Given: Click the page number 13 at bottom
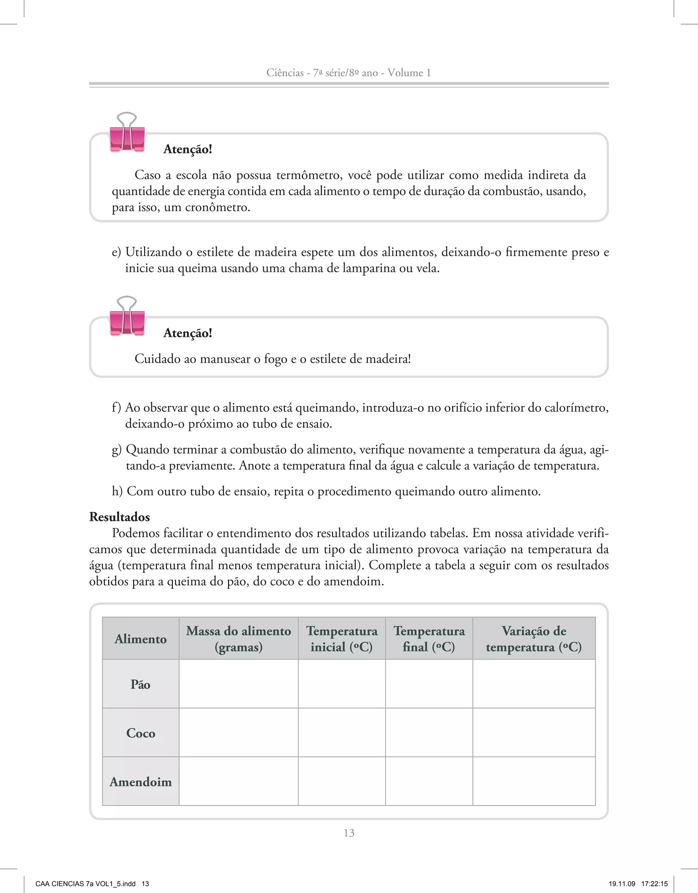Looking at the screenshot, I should [x=349, y=833].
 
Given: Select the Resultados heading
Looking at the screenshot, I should [x=119, y=517].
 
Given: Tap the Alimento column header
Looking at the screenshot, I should [x=140, y=639].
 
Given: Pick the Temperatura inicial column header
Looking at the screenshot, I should [x=342, y=639].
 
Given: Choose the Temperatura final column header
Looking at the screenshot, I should [x=429, y=639].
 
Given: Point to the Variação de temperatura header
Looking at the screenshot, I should [x=534, y=639].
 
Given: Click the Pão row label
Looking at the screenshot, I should [x=140, y=684].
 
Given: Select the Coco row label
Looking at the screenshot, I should [x=140, y=733].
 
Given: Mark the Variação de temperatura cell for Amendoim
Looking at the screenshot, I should [x=534, y=781].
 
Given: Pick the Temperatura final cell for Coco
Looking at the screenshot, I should [x=429, y=733].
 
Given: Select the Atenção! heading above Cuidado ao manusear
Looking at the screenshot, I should [x=188, y=333].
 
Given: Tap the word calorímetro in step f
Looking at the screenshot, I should [x=575, y=408].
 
